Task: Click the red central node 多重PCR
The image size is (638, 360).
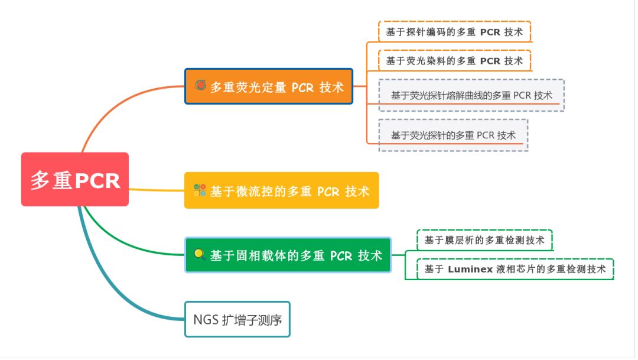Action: coord(75,180)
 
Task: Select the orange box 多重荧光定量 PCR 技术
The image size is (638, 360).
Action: coord(269,86)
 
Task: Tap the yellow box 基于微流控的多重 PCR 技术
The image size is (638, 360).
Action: coord(281,190)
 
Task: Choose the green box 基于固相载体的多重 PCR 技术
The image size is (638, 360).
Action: coord(288,255)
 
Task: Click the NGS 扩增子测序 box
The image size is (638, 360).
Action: coord(237,320)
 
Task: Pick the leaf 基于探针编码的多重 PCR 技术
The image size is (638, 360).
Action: coord(454,32)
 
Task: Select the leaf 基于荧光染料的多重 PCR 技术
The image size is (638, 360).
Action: coord(454,60)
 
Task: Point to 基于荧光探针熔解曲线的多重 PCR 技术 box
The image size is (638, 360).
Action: coord(471,95)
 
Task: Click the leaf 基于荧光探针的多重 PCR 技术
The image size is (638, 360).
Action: coord(453,135)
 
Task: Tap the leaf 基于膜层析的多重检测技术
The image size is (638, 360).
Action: coord(484,240)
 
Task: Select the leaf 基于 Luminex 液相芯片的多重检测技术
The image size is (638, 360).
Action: coord(515,269)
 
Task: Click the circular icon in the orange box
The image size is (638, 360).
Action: coord(200,85)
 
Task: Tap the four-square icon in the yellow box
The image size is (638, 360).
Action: coord(200,190)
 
